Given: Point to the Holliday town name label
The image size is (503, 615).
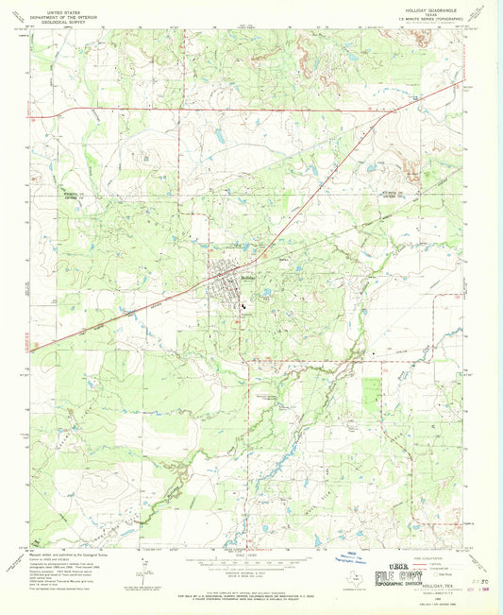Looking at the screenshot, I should (248, 278).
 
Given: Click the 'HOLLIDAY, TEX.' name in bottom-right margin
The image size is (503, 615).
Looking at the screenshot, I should (436, 586).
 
